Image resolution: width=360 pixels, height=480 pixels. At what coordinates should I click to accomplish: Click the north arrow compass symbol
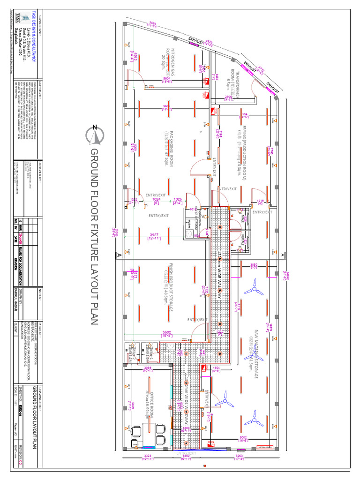click(94, 135)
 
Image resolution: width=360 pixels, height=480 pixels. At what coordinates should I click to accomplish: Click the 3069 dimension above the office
click(148, 368)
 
